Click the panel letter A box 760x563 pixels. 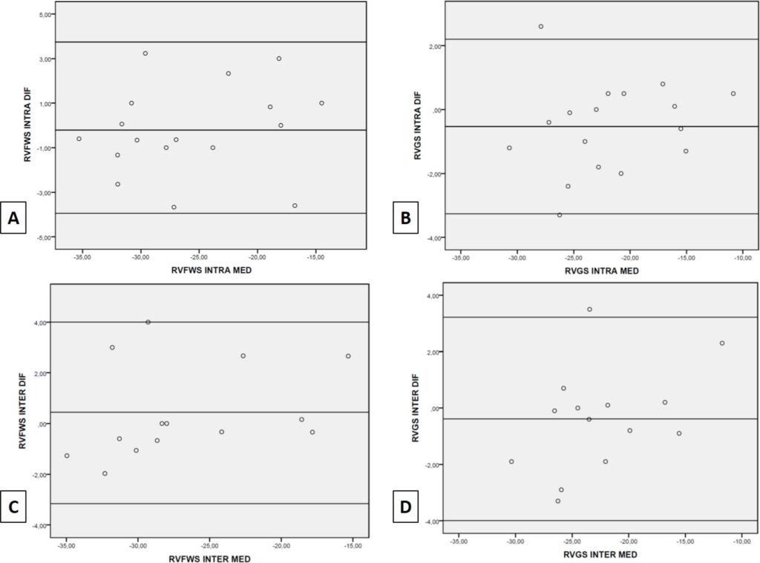pos(13,218)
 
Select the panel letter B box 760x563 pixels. pos(405,218)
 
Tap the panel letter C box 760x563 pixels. pos(13,507)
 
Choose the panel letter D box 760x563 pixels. pos(405,507)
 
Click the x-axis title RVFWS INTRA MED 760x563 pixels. pos(212,270)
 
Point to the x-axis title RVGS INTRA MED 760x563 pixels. pos(601,271)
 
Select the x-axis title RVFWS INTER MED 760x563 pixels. pos(210,559)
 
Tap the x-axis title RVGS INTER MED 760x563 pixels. pos(600,554)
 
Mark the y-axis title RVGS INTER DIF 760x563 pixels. pos(416,408)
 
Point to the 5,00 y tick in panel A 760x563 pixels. pos(45,15)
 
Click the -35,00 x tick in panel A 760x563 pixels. pos(82,257)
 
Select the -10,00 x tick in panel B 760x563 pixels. pos(742,257)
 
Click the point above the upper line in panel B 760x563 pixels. pos(541,27)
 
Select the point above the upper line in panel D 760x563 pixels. pos(589,309)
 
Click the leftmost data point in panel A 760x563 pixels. pos(79,139)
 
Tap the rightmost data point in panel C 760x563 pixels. pos(348,356)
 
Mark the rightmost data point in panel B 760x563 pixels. pos(733,93)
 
